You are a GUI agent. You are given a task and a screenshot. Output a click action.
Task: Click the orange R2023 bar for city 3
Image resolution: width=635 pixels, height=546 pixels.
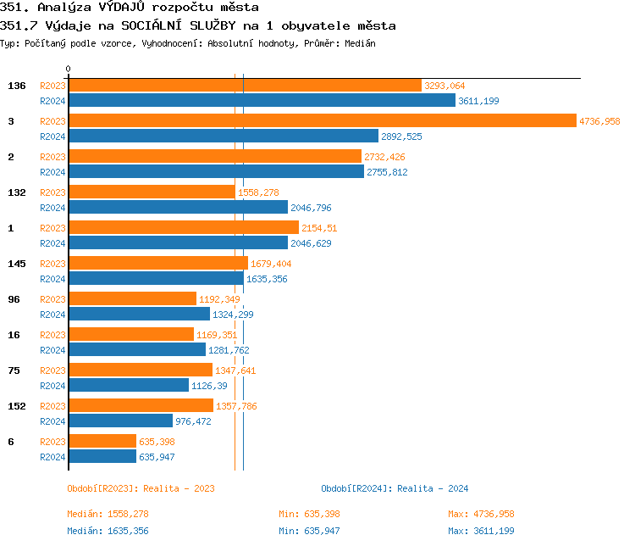tap(322, 121)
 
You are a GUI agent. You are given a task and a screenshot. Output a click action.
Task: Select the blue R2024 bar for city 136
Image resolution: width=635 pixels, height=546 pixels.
tap(262, 101)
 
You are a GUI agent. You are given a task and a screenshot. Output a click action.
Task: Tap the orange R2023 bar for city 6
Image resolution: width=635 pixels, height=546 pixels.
tap(102, 441)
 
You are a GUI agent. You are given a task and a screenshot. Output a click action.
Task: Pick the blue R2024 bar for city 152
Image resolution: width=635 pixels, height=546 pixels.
tap(120, 421)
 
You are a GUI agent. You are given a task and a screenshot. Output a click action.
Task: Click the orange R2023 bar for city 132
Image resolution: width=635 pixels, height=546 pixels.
tap(152, 192)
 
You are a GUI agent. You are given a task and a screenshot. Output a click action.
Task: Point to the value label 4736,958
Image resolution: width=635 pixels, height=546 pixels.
tap(599, 121)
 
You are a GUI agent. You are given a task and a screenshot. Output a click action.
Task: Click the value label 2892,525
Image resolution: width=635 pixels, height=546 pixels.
tap(401, 136)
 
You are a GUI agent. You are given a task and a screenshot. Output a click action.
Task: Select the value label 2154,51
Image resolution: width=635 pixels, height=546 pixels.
tap(319, 228)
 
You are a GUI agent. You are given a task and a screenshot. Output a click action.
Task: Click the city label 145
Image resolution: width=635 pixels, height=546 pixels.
tap(17, 264)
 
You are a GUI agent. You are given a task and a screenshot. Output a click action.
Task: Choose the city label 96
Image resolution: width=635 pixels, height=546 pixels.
tap(14, 299)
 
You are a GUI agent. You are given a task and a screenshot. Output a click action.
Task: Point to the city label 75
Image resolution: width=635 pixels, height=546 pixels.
tap(14, 370)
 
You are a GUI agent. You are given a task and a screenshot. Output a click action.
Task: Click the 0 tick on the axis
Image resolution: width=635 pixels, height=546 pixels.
tap(69, 69)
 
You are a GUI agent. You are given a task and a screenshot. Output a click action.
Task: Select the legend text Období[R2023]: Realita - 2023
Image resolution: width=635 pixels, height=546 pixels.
tap(141, 488)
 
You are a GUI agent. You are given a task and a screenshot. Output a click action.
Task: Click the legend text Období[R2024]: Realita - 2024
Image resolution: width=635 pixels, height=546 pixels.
tap(395, 488)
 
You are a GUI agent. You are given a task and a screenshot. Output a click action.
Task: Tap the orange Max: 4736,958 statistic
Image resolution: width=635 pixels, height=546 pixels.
tap(481, 514)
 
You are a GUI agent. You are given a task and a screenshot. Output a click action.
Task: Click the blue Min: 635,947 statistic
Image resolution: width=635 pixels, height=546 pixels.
tap(309, 531)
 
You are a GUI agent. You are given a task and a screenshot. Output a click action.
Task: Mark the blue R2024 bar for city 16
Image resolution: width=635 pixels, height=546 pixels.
tap(136, 349)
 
